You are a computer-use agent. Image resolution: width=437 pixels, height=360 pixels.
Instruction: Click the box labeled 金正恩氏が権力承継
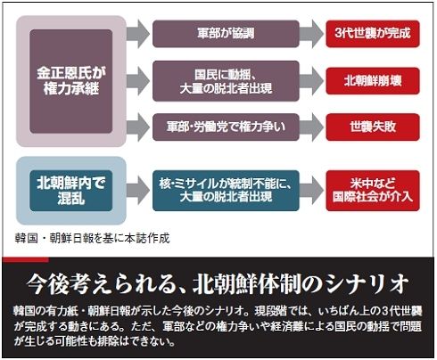point(71,81)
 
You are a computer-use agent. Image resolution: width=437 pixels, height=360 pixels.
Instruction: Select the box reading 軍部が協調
point(226,34)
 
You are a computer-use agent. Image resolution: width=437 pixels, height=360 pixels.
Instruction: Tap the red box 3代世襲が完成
point(373,34)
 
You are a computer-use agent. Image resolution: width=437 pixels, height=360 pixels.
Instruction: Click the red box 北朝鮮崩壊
point(373,81)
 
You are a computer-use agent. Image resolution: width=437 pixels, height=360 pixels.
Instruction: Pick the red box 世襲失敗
point(373,127)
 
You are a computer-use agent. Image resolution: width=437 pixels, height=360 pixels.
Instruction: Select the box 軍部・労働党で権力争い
point(226,127)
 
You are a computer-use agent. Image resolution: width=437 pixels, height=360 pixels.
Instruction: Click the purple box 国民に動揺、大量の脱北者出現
point(226,81)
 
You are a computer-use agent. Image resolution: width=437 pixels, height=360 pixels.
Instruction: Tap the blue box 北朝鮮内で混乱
point(71,191)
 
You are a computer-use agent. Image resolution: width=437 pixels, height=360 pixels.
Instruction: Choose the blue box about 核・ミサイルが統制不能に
point(226,191)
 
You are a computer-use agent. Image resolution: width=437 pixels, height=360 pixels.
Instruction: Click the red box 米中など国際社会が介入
point(373,191)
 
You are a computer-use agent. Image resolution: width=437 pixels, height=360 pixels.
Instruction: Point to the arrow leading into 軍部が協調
point(138,34)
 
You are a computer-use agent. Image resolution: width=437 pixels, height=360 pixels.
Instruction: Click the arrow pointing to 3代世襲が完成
point(311,34)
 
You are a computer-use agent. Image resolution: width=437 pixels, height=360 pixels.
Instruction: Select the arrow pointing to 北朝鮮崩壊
point(311,81)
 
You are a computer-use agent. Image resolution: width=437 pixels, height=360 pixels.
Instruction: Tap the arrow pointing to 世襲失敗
point(311,127)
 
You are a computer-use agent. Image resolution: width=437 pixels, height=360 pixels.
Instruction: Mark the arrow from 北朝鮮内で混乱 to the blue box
point(138,190)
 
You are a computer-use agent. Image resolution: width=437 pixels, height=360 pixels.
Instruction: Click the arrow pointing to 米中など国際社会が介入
point(311,190)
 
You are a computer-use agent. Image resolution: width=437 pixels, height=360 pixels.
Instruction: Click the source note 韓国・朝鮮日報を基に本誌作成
point(93,238)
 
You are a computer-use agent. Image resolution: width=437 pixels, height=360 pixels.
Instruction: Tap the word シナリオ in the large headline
point(367,283)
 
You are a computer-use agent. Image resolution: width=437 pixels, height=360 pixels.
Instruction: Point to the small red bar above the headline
point(25,260)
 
